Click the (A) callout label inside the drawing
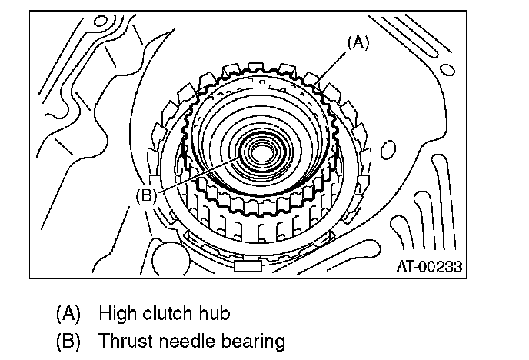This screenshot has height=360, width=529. (358, 44)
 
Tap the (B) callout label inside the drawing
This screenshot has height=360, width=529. (146, 195)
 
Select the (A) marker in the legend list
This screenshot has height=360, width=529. (68, 315)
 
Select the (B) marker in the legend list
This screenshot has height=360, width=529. (68, 340)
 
